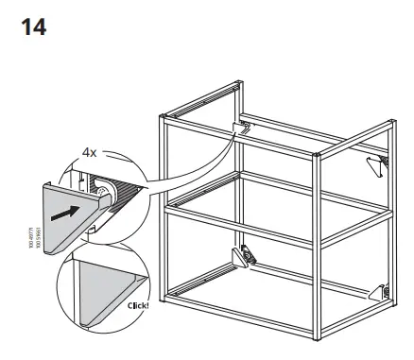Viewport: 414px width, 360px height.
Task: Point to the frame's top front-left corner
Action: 163,117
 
